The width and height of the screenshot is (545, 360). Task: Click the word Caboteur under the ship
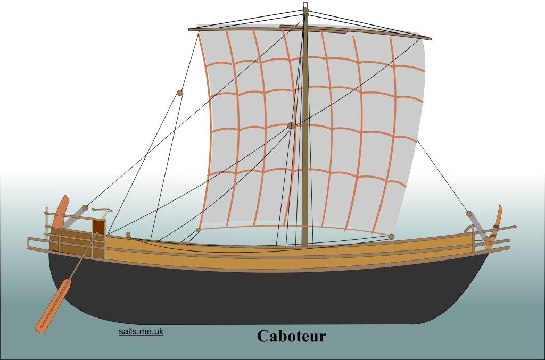[292, 336]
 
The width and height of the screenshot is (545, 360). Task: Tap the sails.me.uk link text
[141, 331]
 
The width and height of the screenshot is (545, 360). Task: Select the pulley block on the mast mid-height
[292, 125]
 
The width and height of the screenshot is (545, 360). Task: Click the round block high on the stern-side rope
[180, 93]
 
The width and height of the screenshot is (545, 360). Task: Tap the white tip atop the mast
[305, 5]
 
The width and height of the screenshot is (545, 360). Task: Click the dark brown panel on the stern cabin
[98, 227]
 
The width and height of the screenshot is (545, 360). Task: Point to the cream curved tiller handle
[102, 211]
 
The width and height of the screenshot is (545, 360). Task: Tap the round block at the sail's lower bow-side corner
[391, 237]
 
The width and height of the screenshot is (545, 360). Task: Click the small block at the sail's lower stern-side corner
[198, 230]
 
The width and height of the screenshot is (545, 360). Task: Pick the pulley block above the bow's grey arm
[469, 213]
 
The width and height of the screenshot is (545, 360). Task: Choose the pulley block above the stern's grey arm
[85, 207]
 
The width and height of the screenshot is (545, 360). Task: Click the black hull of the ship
[264, 295]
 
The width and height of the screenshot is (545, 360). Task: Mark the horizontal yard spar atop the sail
[310, 32]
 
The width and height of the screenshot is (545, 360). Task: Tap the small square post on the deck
[128, 235]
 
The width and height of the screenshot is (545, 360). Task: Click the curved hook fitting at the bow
[469, 229]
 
